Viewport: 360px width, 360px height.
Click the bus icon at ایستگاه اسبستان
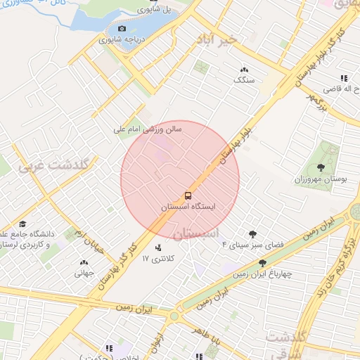[x=188, y=195]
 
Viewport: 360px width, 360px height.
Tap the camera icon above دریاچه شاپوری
[x=122, y=29]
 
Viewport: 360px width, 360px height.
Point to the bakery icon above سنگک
[x=244, y=70]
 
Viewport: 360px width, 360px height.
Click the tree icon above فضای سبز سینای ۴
[x=252, y=234]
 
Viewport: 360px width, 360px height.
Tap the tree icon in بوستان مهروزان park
[x=321, y=167]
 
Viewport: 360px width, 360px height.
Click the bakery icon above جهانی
[x=84, y=262]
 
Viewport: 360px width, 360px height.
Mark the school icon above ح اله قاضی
[x=343, y=78]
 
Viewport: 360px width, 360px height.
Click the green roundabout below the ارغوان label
[x=174, y=316]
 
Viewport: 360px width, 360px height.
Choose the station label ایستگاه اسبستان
[x=188, y=207]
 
